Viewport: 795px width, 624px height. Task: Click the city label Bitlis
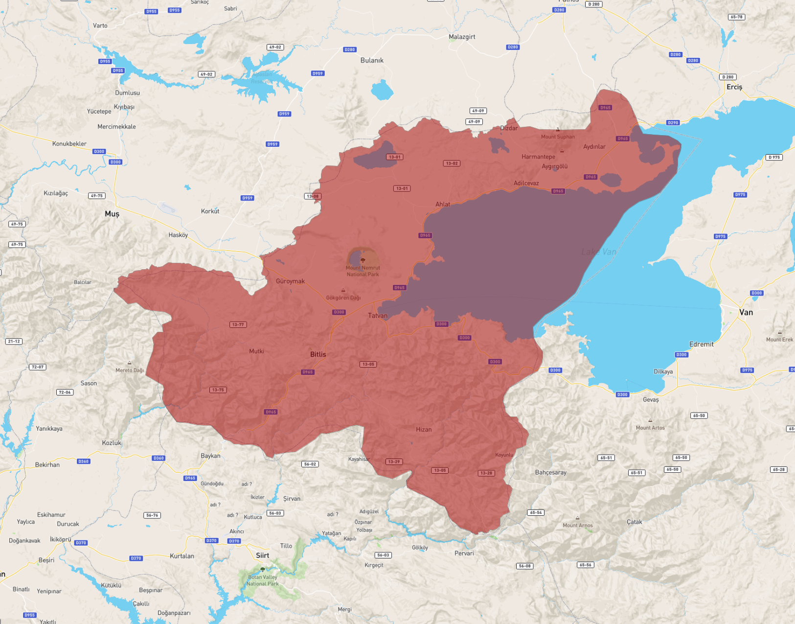(318, 354)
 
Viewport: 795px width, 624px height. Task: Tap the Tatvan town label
(377, 316)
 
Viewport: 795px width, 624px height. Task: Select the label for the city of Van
(746, 312)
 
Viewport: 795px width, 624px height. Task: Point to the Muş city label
(112, 214)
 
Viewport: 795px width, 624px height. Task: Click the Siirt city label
(262, 555)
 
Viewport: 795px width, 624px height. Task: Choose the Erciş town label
(734, 87)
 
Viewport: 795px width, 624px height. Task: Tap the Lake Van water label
(598, 252)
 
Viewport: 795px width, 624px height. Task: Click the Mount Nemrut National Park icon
(363, 260)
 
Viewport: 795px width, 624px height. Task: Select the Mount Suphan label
(558, 137)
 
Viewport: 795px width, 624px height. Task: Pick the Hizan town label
(424, 430)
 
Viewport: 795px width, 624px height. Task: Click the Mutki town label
(256, 351)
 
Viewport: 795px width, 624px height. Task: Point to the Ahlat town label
(443, 205)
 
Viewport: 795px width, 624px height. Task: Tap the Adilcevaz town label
(526, 184)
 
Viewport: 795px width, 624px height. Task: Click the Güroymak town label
(290, 281)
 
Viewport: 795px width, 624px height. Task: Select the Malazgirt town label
(462, 37)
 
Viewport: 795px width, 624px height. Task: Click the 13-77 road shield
(238, 324)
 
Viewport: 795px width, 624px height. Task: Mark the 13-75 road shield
(218, 390)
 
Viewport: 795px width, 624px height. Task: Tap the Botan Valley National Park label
(263, 580)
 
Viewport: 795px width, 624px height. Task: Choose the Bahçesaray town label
(550, 473)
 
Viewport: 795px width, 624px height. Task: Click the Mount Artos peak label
(650, 428)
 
